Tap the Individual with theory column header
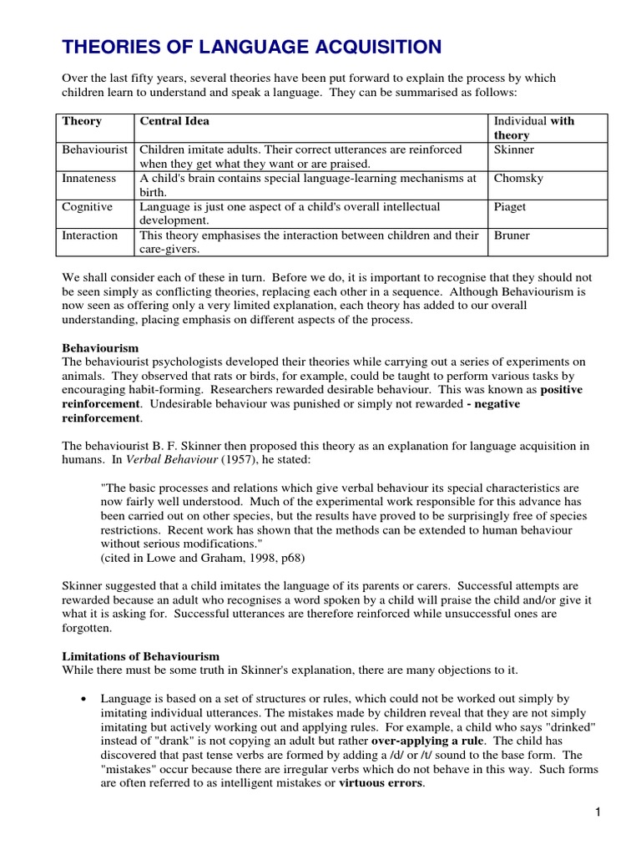pos(534,128)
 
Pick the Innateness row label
pos(89,178)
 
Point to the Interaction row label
pos(90,235)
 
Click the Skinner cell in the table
pos(514,149)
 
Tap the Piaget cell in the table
pos(510,206)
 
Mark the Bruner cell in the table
pos(512,235)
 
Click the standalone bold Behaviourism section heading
pos(100,347)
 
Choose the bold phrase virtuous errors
pos(381,783)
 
